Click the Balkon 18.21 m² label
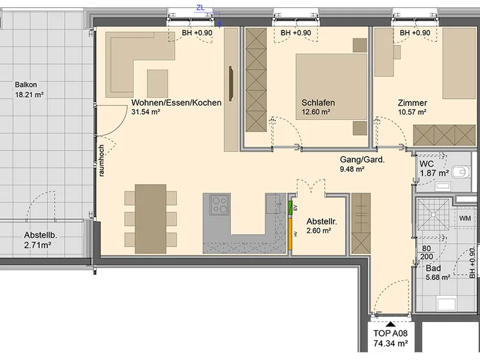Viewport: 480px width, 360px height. [x=29, y=89]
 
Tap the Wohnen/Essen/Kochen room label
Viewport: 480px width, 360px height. [x=176, y=107]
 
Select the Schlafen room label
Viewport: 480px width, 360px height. [x=318, y=107]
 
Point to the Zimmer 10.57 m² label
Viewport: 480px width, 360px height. [x=412, y=107]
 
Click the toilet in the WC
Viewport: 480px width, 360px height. [x=461, y=172]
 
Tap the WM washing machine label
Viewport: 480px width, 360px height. [x=465, y=218]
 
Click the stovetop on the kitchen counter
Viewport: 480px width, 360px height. [x=220, y=205]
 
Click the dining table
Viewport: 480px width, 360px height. [x=151, y=219]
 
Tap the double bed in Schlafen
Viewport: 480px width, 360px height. [x=331, y=86]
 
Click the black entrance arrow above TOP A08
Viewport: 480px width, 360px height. [x=390, y=324]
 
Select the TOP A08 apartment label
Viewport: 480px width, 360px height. [x=391, y=338]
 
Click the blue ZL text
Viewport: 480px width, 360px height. [x=200, y=8]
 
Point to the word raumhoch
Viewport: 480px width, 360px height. [x=101, y=160]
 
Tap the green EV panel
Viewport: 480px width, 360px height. [x=290, y=208]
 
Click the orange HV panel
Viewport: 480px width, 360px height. [x=290, y=233]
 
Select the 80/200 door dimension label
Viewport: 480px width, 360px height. [x=427, y=253]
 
